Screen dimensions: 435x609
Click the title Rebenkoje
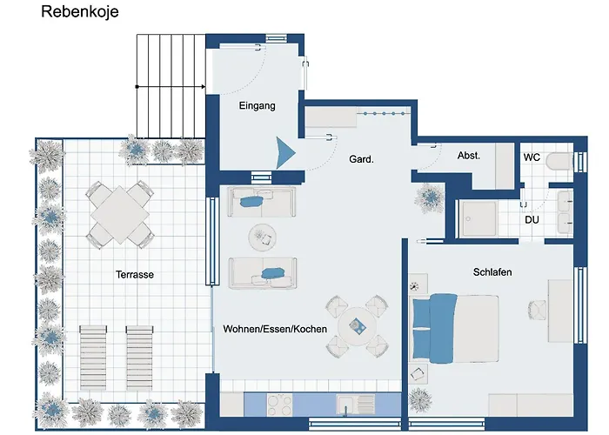coord(80,13)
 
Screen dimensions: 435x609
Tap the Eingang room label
coord(257,106)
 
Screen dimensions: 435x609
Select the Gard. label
coord(361,159)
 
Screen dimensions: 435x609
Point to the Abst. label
coord(469,156)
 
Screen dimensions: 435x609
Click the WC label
coord(532,157)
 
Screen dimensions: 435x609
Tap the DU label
coord(532,219)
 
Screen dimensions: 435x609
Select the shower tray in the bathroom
coord(481,217)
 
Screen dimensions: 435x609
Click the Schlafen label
coord(492,272)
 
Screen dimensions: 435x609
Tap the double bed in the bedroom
coord(454,327)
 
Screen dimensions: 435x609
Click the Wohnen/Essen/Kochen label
coord(275,329)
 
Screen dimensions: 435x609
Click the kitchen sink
coord(355,404)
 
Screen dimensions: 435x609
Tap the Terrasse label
coord(135,274)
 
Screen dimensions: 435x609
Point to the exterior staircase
coord(171,86)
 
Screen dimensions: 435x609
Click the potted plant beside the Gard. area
coord(429,198)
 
